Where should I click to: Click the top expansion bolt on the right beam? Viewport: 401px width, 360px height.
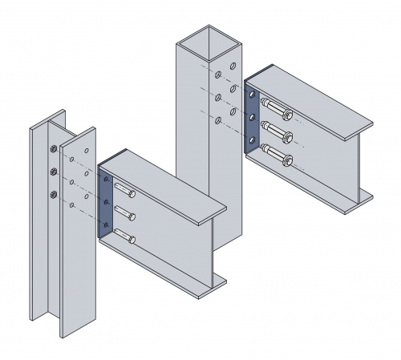[x=272, y=108]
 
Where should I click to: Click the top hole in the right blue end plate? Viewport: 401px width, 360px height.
[x=252, y=95]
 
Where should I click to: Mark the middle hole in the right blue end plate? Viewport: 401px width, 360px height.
[x=252, y=117]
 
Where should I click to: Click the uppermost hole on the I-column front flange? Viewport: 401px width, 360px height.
[x=85, y=151]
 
